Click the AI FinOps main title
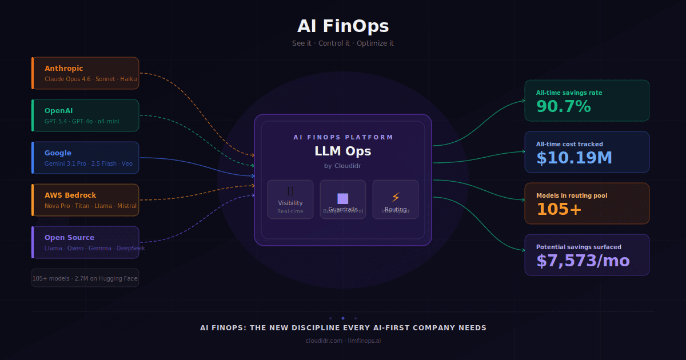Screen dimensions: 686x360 tap(343, 26)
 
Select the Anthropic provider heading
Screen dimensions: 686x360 tap(63, 69)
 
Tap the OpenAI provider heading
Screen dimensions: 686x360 tap(59, 111)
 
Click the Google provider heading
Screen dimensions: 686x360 tap(58, 153)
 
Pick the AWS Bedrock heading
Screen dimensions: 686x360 tap(70, 195)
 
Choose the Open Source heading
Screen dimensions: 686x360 tap(69, 238)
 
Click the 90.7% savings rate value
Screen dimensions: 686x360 tap(563, 106)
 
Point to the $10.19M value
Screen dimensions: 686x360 tap(574, 158)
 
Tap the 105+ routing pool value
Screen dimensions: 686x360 tap(559, 209)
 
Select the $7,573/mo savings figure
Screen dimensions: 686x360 tap(583, 261)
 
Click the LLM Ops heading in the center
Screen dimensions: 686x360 tap(343, 151)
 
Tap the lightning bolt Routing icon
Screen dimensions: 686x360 tap(396, 198)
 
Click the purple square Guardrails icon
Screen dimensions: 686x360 tap(343, 198)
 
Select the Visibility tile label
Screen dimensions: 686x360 tap(290, 203)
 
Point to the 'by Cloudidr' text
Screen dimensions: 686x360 tap(343, 166)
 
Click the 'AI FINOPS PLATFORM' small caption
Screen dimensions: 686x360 tap(343, 137)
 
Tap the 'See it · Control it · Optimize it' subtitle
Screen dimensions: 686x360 tap(343, 43)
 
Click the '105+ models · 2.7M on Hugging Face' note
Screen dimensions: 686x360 tap(85, 278)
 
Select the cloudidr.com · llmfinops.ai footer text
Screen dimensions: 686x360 tap(343, 341)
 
